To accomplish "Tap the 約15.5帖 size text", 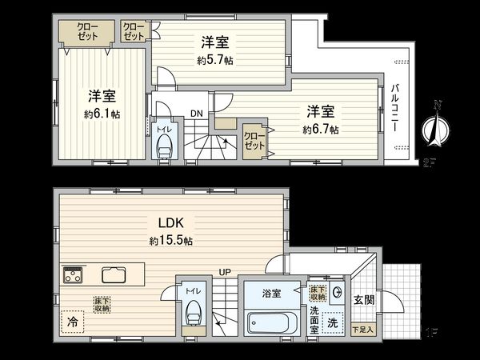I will (170, 240).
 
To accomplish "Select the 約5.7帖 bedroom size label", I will (215, 60).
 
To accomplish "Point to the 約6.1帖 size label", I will (104, 114).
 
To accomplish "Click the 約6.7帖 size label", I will (320, 129).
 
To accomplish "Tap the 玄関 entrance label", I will (364, 300).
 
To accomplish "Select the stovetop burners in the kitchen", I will (74, 276).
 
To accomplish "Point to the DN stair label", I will (196, 114).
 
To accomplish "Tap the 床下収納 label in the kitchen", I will (102, 303).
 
